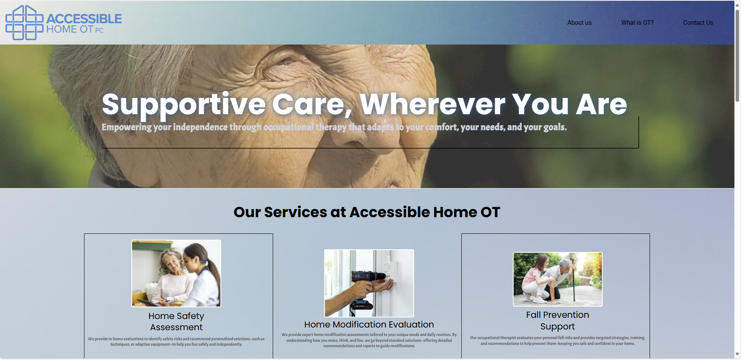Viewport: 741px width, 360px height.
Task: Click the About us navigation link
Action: pos(579,23)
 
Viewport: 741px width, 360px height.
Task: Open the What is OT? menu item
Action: pos(637,23)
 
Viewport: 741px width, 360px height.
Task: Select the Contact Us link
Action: pos(698,23)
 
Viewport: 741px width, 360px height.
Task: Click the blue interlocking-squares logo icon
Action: pos(24,22)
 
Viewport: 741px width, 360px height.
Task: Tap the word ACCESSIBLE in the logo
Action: pos(84,19)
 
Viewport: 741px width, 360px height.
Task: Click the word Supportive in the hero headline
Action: pos(184,104)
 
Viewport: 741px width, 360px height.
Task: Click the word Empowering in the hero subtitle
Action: pos(127,127)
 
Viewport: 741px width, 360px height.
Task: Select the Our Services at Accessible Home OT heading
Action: pos(367,212)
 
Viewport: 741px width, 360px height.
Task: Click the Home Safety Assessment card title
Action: pos(176,322)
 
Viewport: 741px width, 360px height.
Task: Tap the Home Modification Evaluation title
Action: pos(369,324)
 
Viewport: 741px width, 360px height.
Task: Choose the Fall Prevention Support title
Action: pos(557,321)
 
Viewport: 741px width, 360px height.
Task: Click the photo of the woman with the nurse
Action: pos(176,273)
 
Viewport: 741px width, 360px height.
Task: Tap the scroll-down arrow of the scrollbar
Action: pos(738,354)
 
